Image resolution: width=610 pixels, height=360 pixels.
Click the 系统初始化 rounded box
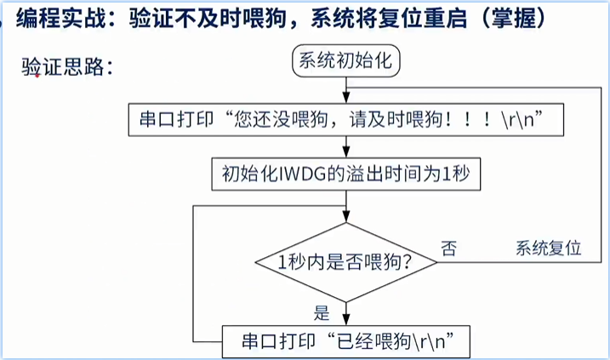[x=345, y=61]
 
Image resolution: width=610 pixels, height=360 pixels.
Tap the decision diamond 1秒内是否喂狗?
[x=346, y=262]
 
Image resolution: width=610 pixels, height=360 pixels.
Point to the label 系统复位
[x=549, y=249]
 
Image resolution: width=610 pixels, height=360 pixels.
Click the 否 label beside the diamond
[x=448, y=249]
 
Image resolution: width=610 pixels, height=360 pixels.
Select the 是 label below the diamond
[x=322, y=311]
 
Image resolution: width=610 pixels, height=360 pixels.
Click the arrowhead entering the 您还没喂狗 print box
[x=345, y=100]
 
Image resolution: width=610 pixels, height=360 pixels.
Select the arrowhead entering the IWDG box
[x=345, y=154]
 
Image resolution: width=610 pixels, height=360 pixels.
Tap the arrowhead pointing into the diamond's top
[x=345, y=218]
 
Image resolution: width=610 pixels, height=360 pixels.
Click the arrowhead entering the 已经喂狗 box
[x=345, y=321]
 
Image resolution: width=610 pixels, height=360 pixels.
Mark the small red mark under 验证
[x=37, y=77]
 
